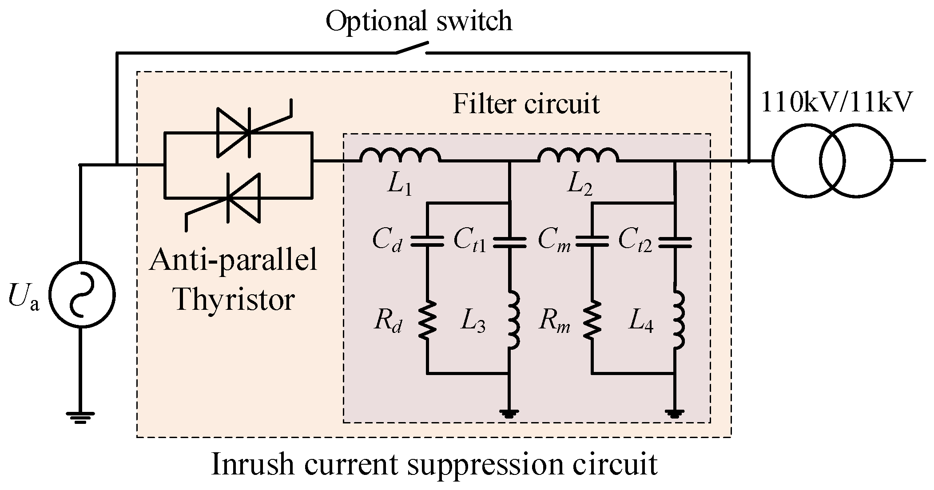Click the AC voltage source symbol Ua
(82, 295)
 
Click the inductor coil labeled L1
(400, 155)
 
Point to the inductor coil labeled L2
(577, 155)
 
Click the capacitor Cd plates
(427, 241)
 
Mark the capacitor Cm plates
(592, 241)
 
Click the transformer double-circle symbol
(831, 161)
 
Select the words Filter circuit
(526, 104)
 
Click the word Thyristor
(234, 299)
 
